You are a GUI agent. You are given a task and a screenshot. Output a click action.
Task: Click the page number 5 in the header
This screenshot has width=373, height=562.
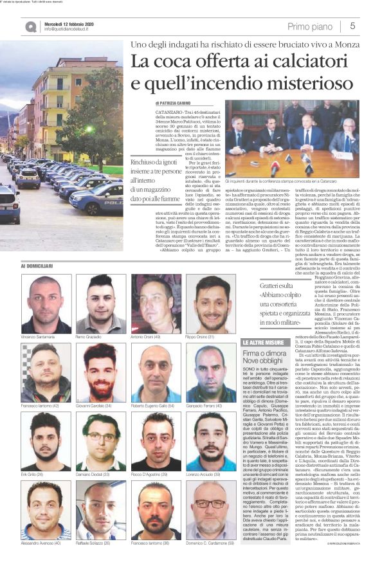tap(353, 26)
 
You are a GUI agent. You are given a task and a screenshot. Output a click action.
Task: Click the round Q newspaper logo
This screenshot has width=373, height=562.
tap(31, 26)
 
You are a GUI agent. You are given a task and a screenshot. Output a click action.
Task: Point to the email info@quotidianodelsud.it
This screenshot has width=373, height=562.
tap(69, 30)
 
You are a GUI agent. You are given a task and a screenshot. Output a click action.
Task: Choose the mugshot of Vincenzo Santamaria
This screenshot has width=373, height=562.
tap(46, 295)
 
